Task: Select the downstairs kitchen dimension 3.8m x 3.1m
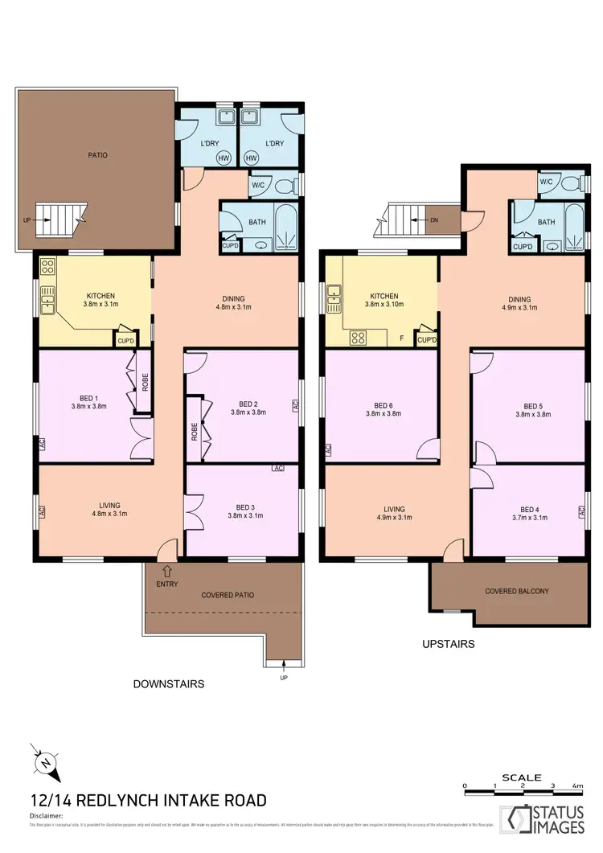tap(100, 305)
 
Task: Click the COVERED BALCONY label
tap(517, 591)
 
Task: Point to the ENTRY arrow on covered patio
tap(166, 572)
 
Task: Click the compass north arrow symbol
tap(47, 762)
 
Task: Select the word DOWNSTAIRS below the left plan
tap(168, 684)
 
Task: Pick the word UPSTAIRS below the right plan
tap(448, 644)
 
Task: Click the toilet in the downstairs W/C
tap(284, 186)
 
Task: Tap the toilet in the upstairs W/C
tap(572, 183)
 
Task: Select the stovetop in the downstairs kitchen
tap(47, 266)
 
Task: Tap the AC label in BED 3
tap(278, 468)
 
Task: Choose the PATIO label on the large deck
tap(98, 155)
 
